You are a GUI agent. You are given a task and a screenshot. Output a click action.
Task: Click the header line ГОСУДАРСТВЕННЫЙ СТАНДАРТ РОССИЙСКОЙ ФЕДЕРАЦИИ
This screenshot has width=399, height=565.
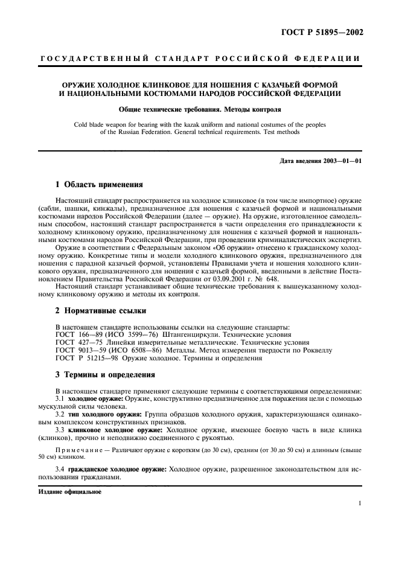pos(199,59)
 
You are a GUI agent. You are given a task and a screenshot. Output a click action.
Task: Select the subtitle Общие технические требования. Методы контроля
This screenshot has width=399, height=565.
pos(199,110)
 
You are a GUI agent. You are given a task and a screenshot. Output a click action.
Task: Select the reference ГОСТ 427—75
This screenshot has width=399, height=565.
pos(80,342)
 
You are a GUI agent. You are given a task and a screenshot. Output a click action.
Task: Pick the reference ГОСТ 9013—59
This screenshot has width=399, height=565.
pos(82,350)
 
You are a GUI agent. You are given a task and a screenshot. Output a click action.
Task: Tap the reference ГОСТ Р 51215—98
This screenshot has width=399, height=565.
pos(88,357)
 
